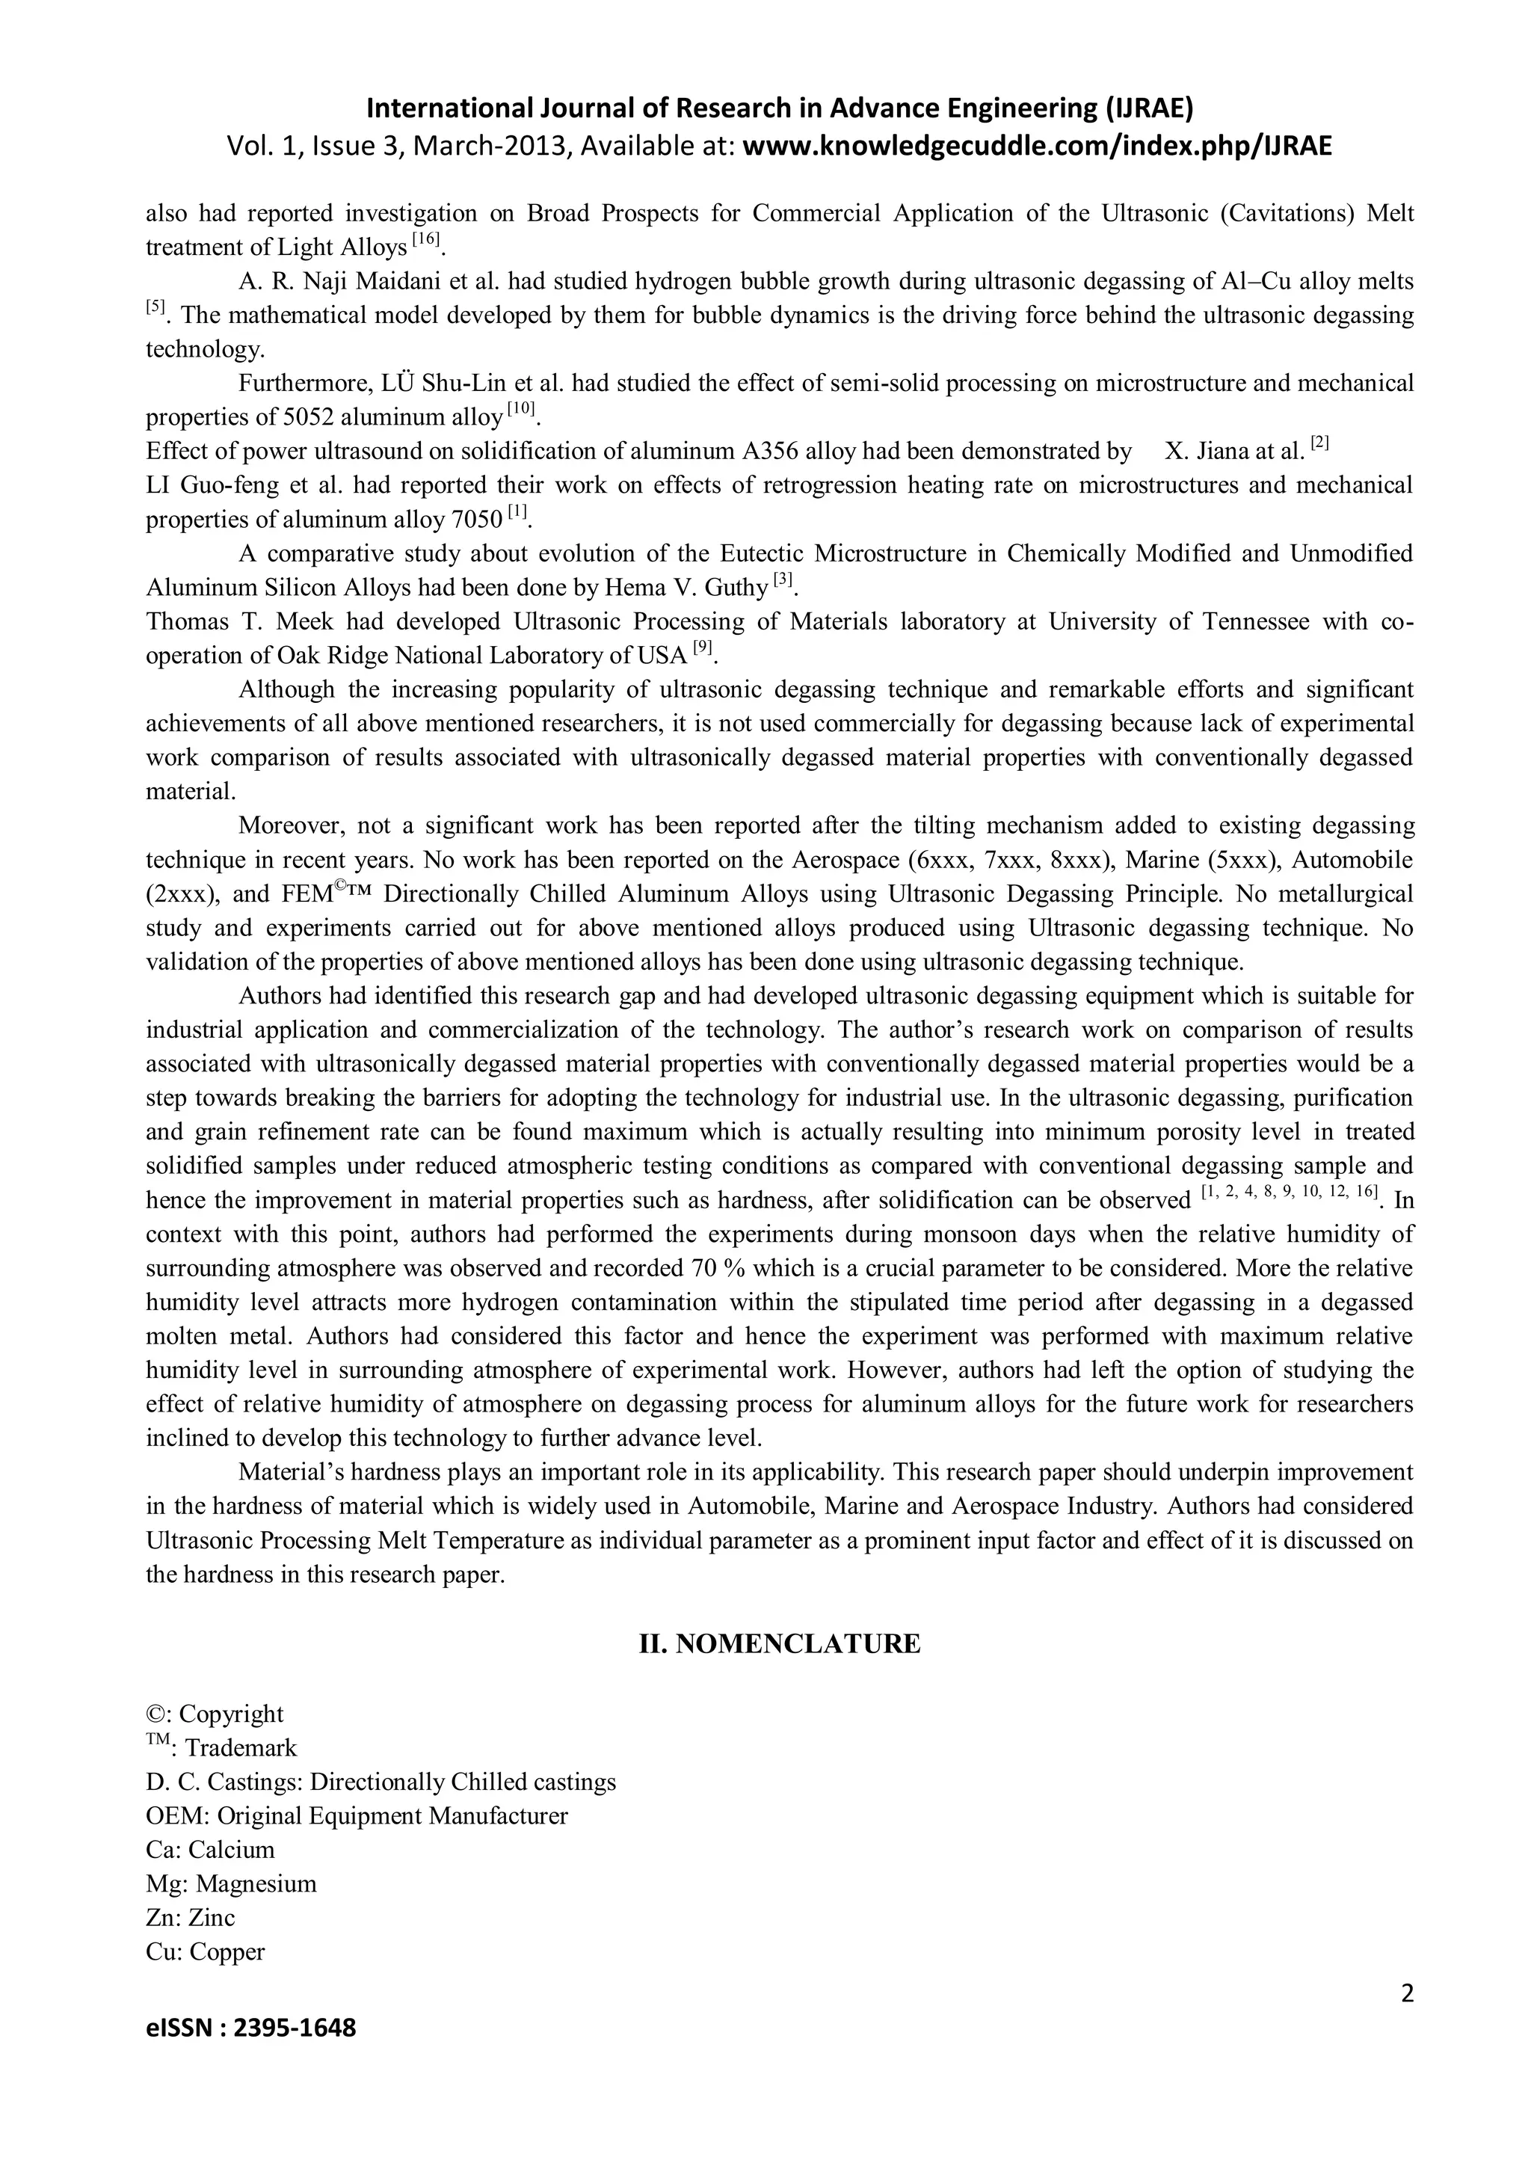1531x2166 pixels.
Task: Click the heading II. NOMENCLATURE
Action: (779, 1644)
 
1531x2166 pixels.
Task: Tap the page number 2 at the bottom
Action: (1408, 2019)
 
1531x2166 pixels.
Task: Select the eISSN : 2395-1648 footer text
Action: (251, 2054)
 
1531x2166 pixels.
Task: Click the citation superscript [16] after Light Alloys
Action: (426, 239)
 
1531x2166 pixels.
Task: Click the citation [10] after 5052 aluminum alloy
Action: (521, 410)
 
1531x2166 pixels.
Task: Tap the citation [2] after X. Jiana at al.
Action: (1319, 443)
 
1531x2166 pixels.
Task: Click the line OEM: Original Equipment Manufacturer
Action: (357, 1816)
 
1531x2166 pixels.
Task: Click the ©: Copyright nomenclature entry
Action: (214, 1714)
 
